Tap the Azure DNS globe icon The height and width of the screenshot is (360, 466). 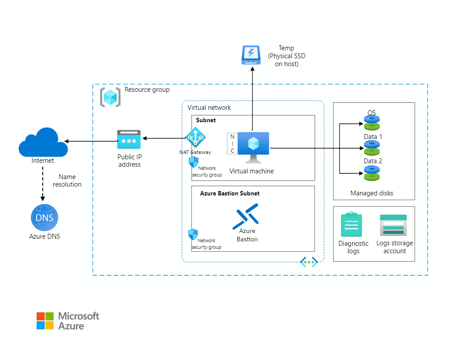pyautogui.click(x=45, y=217)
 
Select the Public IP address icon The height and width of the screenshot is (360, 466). pyautogui.click(x=129, y=139)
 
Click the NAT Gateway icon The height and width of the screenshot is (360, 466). pyautogui.click(x=195, y=137)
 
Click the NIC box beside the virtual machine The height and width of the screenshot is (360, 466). pyautogui.click(x=233, y=144)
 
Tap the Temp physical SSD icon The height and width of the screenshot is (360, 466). pyautogui.click(x=251, y=55)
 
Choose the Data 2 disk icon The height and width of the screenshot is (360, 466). pyautogui.click(x=372, y=172)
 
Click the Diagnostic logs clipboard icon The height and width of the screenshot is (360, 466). pyautogui.click(x=351, y=225)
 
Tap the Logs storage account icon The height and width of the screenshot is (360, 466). pyautogui.click(x=393, y=225)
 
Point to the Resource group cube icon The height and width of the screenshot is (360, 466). pyautogui.click(x=110, y=97)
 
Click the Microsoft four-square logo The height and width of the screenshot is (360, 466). pyautogui.click(x=45, y=321)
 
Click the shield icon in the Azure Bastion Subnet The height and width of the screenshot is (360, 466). pyautogui.click(x=193, y=234)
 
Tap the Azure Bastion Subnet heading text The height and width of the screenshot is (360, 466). pyautogui.click(x=229, y=193)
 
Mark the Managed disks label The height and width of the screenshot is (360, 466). pyautogui.click(x=372, y=193)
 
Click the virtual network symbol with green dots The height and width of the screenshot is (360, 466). pyautogui.click(x=309, y=262)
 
